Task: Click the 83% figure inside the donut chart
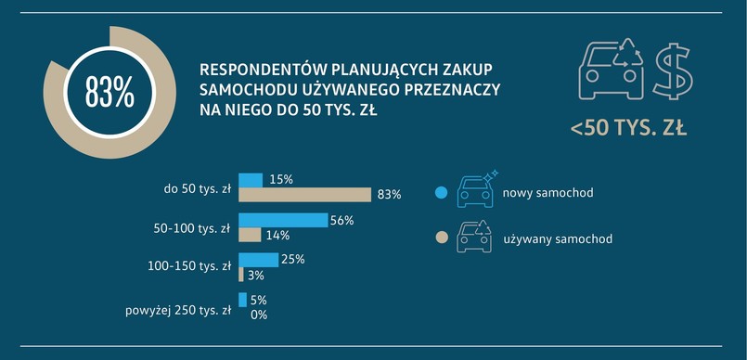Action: coord(109,93)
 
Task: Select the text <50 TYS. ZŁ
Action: coord(628,128)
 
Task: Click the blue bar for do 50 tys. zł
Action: coord(251,180)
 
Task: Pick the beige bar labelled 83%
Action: coord(305,195)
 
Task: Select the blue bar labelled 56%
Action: coord(283,220)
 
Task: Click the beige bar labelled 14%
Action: coord(250,235)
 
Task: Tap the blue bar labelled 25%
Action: coord(258,260)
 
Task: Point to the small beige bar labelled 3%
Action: coord(241,275)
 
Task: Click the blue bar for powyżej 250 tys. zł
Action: coord(242,300)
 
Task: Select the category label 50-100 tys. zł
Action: coord(192,227)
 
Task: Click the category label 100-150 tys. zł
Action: coord(189,267)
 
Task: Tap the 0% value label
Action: coord(258,315)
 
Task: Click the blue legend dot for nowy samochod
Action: coord(441,193)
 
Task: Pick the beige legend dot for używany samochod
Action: coord(441,238)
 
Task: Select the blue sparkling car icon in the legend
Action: coord(476,189)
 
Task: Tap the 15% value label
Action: coord(280,180)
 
